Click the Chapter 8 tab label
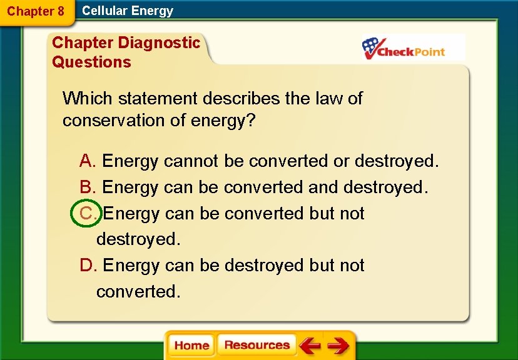click(x=36, y=11)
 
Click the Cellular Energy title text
click(x=128, y=11)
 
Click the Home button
click(x=191, y=346)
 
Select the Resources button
click(x=256, y=345)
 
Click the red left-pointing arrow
click(x=310, y=346)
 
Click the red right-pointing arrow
click(x=338, y=346)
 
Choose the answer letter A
click(x=87, y=161)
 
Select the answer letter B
click(x=87, y=187)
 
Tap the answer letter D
click(x=87, y=266)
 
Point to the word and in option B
click(x=323, y=187)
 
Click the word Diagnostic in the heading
click(x=159, y=43)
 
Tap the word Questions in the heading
click(x=91, y=62)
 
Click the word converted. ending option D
click(x=138, y=292)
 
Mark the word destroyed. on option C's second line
click(x=138, y=239)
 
